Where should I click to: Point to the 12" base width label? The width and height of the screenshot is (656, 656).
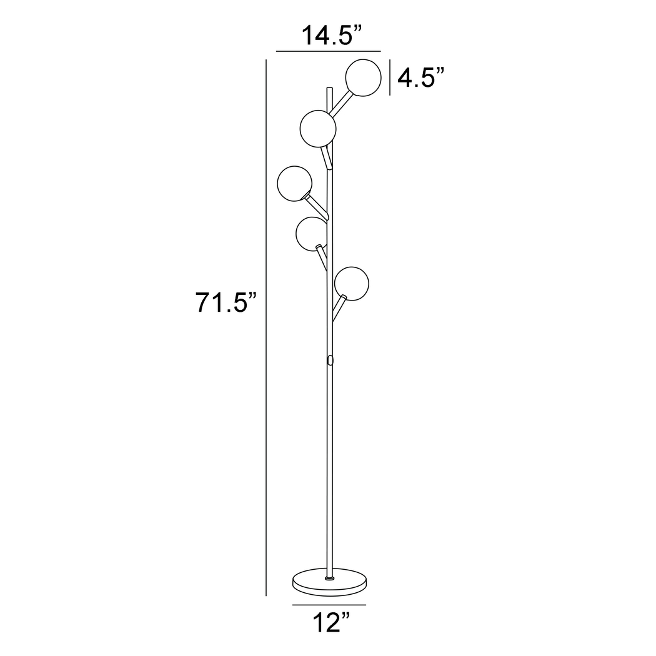pyautogui.click(x=329, y=623)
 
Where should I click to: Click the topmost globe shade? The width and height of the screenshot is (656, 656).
pyautogui.click(x=364, y=77)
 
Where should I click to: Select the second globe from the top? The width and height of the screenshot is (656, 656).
pyautogui.click(x=318, y=128)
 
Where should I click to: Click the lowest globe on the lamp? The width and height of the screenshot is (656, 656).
pyautogui.click(x=351, y=283)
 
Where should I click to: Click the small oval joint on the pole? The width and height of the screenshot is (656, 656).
pyautogui.click(x=329, y=360)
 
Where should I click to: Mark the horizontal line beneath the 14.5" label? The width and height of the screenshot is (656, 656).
pyautogui.click(x=328, y=51)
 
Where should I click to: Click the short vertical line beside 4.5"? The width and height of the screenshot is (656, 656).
pyautogui.click(x=390, y=77)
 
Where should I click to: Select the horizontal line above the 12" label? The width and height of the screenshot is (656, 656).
pyautogui.click(x=329, y=605)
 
